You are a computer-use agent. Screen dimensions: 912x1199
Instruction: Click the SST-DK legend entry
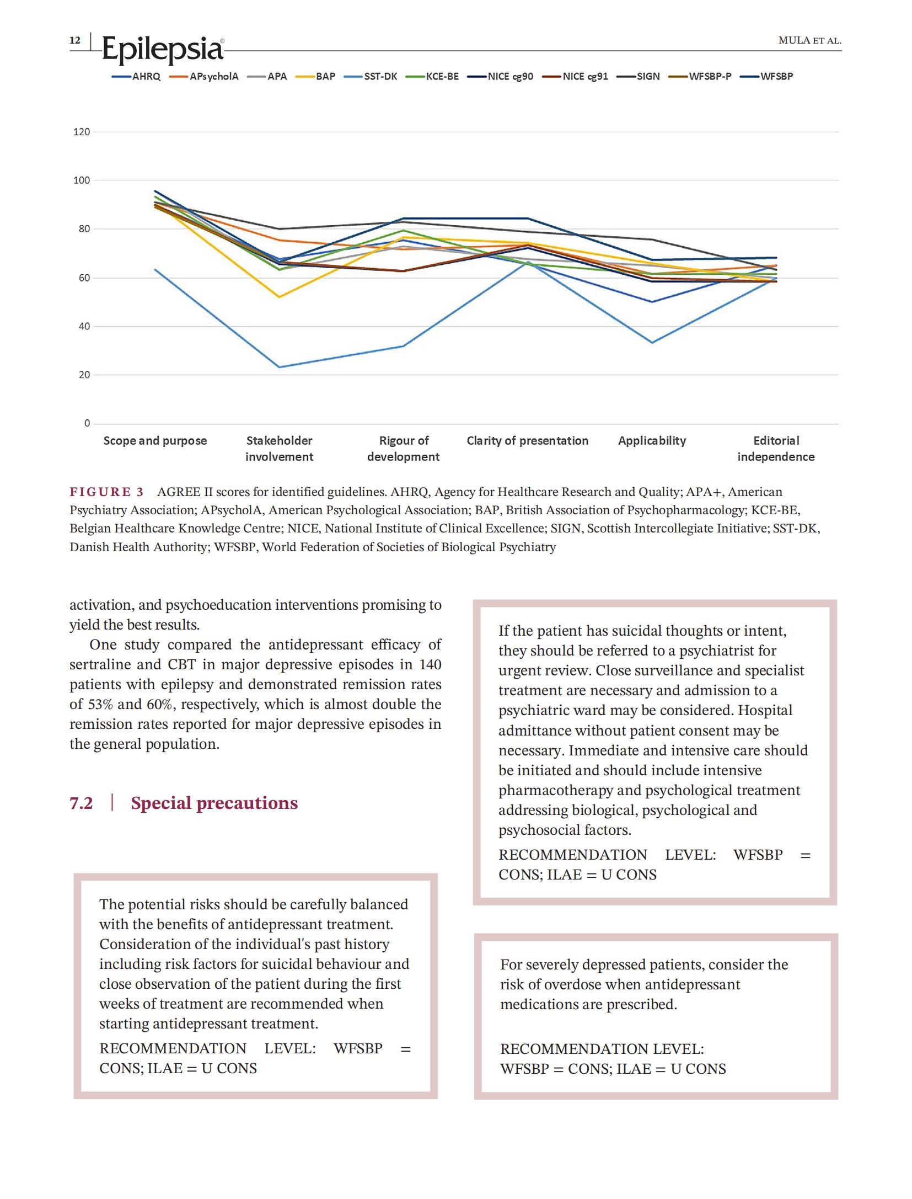point(371,77)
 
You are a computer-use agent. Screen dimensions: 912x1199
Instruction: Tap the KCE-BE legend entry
point(432,77)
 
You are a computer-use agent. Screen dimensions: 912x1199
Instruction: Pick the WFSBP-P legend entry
point(700,77)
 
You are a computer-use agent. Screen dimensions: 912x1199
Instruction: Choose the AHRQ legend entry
point(136,77)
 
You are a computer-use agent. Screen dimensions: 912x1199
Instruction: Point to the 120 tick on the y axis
point(81,132)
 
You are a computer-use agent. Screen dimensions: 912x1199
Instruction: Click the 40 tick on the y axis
point(84,326)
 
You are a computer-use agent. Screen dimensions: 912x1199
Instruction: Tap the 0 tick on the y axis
point(87,423)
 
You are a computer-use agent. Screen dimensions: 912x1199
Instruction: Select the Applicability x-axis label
point(652,440)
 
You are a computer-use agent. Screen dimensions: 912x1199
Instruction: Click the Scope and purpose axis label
point(155,440)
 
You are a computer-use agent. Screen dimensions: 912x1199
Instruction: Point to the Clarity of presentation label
point(527,440)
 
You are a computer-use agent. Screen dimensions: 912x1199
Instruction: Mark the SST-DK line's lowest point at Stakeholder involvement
point(280,367)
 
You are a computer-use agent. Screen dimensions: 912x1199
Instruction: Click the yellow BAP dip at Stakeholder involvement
point(280,297)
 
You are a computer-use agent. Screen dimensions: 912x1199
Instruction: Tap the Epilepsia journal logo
point(163,49)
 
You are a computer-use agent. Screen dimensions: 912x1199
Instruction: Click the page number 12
point(74,40)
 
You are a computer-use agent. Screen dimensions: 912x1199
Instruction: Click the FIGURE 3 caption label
point(106,492)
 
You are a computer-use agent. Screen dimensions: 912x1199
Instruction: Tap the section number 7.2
point(81,803)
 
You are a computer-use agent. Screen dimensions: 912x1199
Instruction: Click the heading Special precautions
point(214,803)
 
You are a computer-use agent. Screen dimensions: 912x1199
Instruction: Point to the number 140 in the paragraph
point(430,664)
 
